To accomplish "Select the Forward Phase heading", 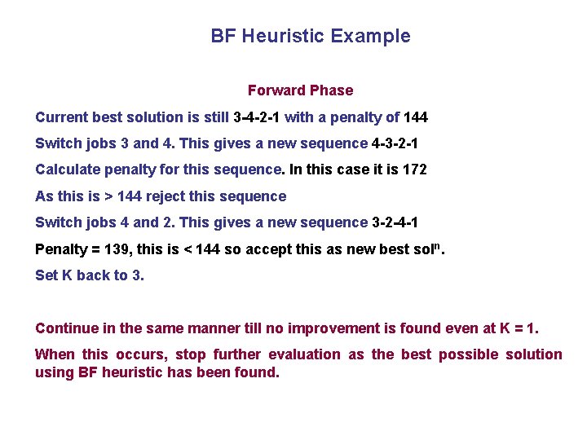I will point(300,90).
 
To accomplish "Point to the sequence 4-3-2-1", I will point(395,143).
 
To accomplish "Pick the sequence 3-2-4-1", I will point(395,222).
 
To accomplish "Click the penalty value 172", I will point(414,170).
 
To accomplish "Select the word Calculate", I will point(67,170).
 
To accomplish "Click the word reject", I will point(166,196).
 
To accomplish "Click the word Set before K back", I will point(46,275).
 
